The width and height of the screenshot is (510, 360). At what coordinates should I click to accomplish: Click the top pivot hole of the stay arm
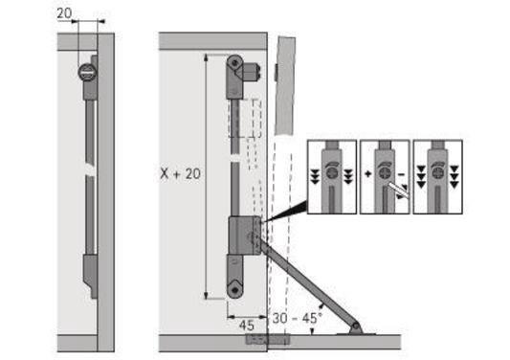pyautogui.click(x=233, y=62)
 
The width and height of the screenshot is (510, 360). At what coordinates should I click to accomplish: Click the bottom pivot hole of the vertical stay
pyautogui.click(x=233, y=285)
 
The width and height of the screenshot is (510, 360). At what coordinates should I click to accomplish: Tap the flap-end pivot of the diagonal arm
pyautogui.click(x=357, y=327)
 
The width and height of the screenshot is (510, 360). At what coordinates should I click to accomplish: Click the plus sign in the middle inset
pyautogui.click(x=368, y=176)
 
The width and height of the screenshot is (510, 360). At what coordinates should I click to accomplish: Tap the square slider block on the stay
pyautogui.click(x=241, y=234)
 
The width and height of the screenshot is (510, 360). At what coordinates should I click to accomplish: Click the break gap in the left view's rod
pyautogui.click(x=89, y=175)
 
